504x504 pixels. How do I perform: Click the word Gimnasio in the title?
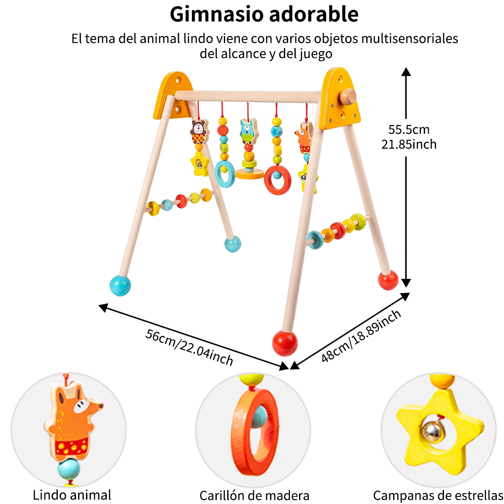point(217,14)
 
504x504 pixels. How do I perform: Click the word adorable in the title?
point(313,14)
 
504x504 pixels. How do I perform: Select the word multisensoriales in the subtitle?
point(409,39)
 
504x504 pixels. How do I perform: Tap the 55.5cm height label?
point(409,129)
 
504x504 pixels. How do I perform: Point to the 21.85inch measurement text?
point(409,144)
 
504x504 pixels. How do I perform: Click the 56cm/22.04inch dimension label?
point(189,347)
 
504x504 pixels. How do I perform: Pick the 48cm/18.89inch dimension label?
point(361,336)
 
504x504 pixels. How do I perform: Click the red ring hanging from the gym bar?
point(278,179)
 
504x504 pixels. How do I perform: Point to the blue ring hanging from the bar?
point(225,173)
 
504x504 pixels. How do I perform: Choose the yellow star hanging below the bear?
point(199,164)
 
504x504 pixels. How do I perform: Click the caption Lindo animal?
point(72,495)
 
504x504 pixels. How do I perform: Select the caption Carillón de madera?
point(254,496)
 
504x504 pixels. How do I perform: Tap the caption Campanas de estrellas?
point(438,496)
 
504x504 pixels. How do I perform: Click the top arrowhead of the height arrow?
point(406,71)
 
